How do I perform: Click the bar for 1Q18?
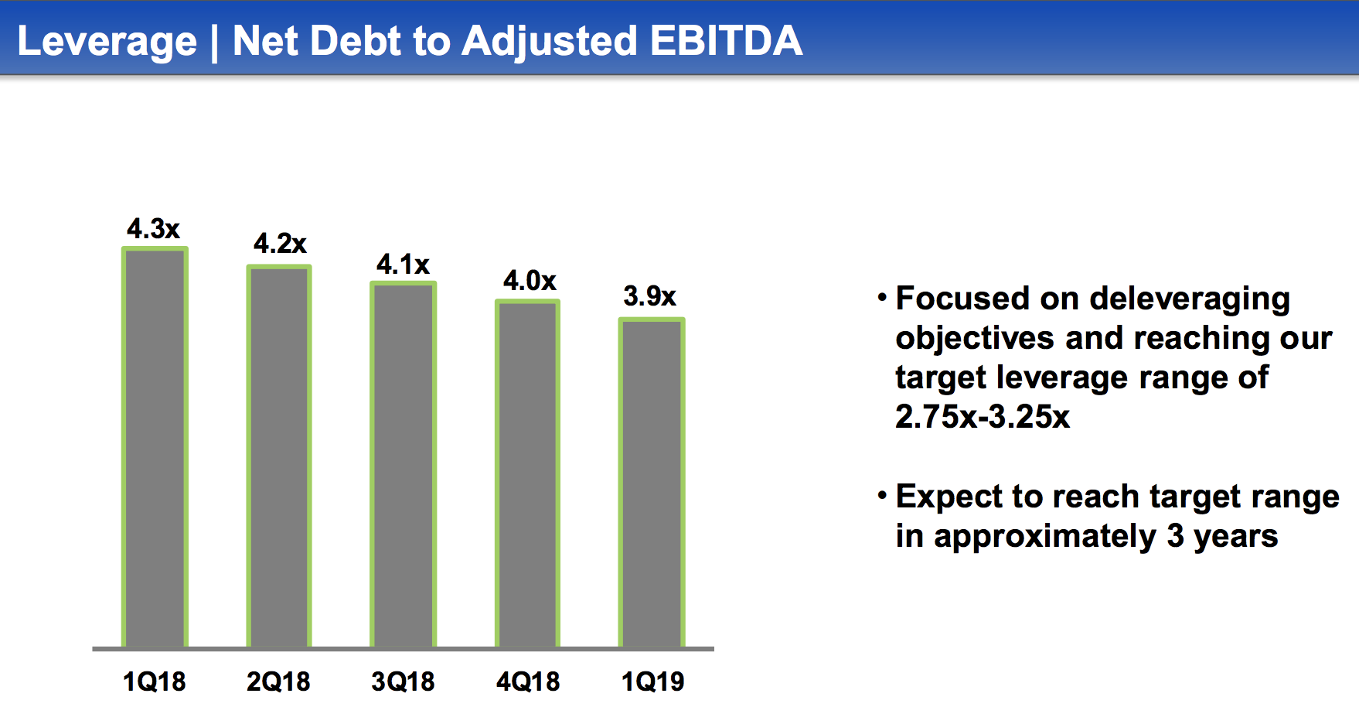tap(155, 447)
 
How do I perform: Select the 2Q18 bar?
tap(279, 456)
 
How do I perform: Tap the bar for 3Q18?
tap(404, 464)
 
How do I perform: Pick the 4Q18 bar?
tap(527, 473)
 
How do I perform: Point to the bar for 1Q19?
tap(652, 483)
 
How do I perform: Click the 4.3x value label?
tap(153, 229)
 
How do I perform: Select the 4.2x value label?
tap(280, 244)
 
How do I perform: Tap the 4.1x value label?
tap(403, 265)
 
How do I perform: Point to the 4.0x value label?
tap(530, 280)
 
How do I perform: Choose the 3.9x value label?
tap(649, 295)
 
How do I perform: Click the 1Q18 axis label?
tap(155, 681)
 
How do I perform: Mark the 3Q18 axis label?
tap(403, 681)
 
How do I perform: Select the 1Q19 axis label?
tap(653, 681)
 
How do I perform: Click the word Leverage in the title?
tap(107, 42)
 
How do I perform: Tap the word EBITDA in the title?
tap(726, 40)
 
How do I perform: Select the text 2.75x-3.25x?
tap(983, 417)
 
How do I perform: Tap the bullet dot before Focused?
tap(882, 297)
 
